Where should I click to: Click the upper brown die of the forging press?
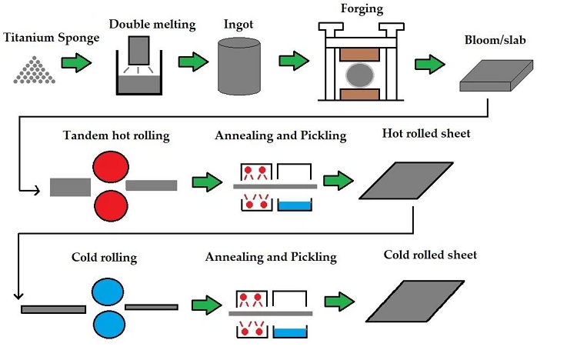pyautogui.click(x=361, y=54)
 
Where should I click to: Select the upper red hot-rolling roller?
pyautogui.click(x=108, y=167)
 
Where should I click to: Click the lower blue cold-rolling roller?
pyautogui.click(x=108, y=325)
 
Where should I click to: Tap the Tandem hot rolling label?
pyautogui.click(x=115, y=136)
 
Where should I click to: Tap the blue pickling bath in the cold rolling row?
pyautogui.click(x=290, y=332)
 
